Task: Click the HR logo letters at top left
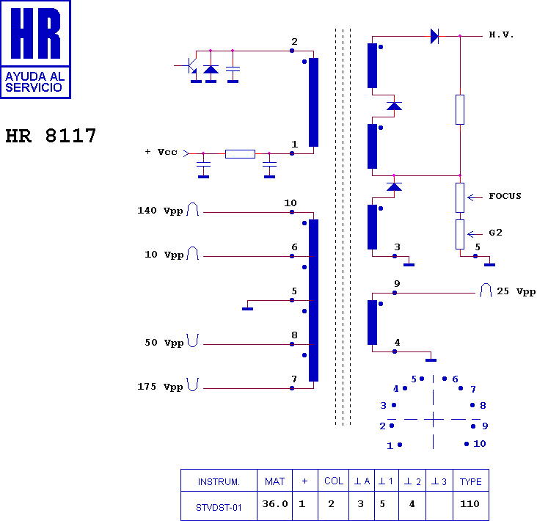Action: click(35, 33)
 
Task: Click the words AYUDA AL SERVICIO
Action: click(34, 82)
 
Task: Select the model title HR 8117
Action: click(51, 136)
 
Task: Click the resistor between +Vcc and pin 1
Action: click(240, 154)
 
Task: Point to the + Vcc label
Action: click(161, 152)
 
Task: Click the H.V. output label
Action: click(501, 34)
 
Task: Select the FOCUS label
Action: click(505, 196)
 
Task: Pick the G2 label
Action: click(496, 233)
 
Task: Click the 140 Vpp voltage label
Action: click(160, 211)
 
